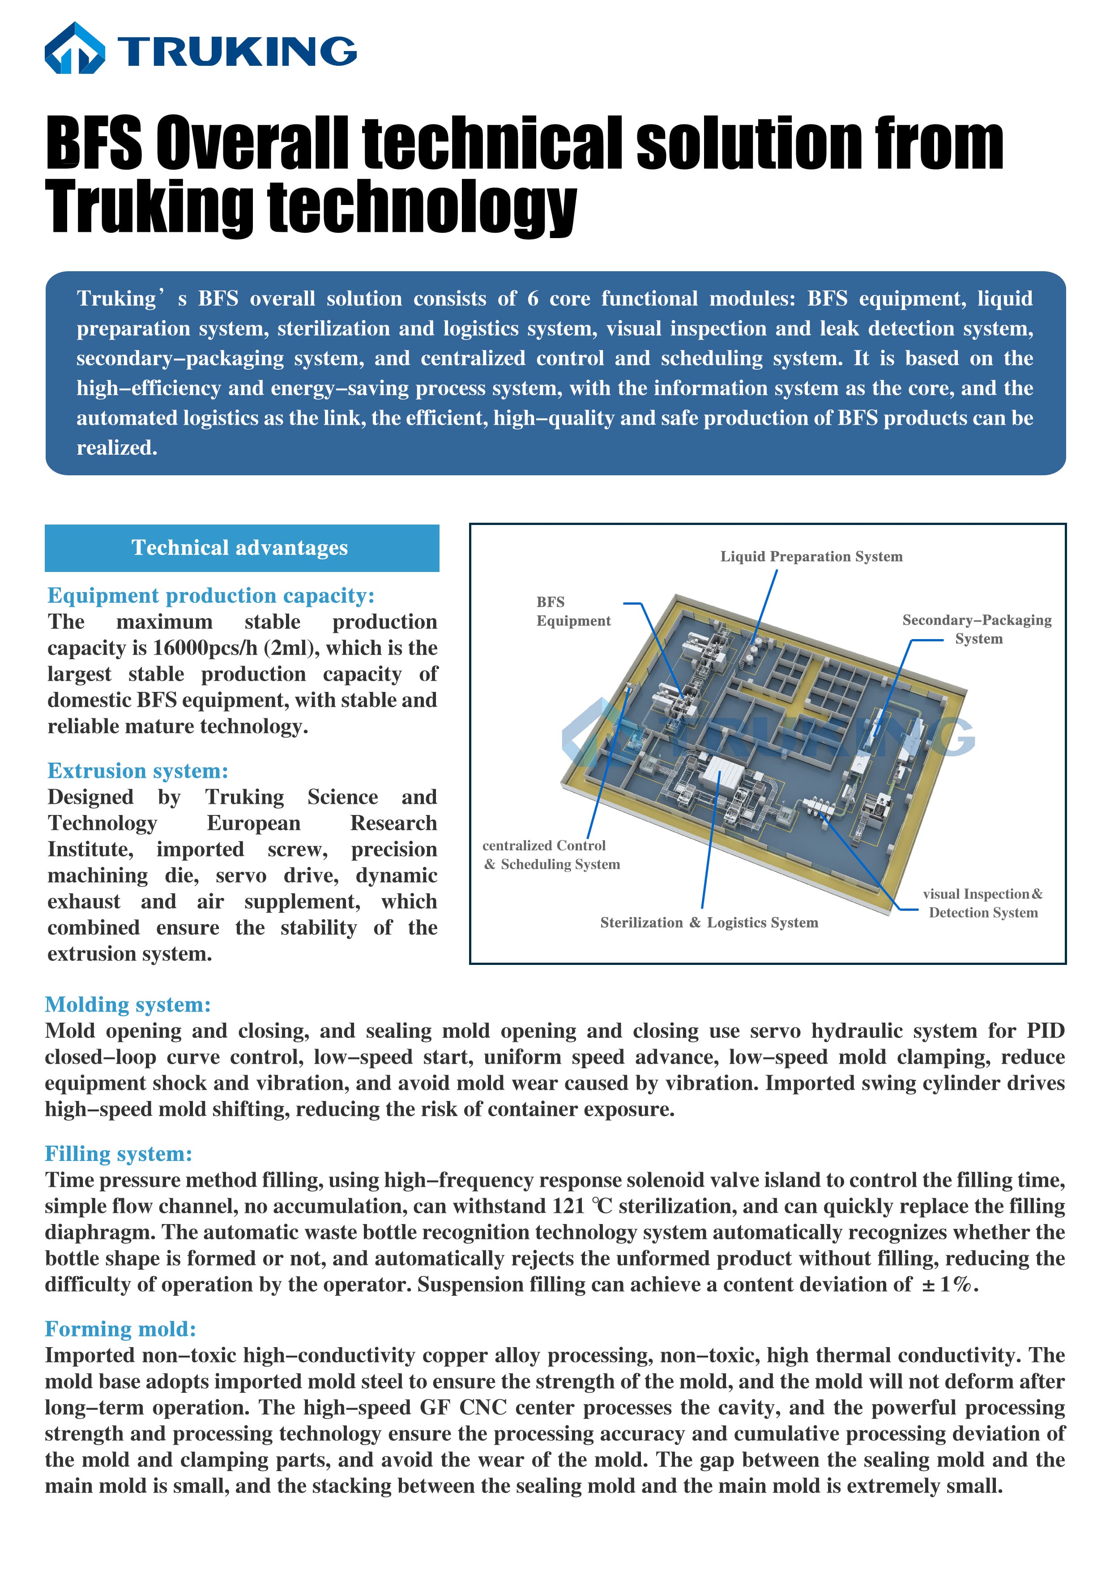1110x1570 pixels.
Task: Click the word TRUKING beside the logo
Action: [237, 51]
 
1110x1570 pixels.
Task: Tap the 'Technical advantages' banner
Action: [241, 548]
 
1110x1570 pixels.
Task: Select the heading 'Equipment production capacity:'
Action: [211, 596]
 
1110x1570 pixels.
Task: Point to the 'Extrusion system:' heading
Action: [137, 771]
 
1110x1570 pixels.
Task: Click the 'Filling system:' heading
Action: [118, 1154]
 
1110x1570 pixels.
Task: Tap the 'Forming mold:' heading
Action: [120, 1329]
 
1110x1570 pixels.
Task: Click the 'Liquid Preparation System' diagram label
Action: [811, 557]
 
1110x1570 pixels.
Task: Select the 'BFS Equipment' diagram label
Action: [573, 611]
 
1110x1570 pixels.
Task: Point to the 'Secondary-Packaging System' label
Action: [977, 629]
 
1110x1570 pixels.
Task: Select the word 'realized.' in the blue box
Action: [117, 448]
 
